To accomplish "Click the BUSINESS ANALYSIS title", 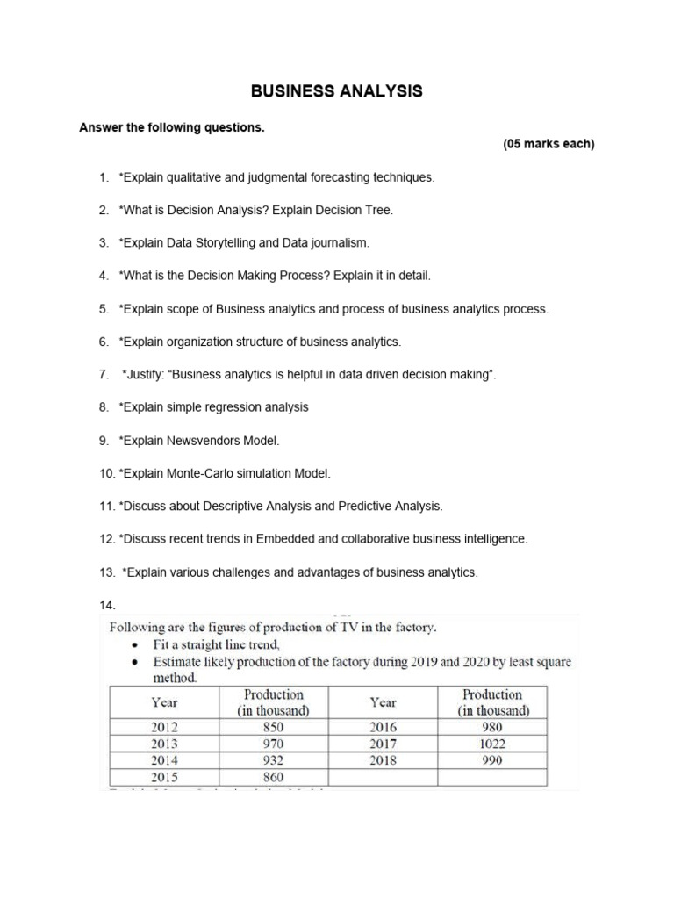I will tap(337, 91).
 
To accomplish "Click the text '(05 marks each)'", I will tap(549, 145).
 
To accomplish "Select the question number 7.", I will tap(103, 375).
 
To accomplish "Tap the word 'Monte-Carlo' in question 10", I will tap(201, 474).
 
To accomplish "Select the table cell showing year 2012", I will tap(164, 727).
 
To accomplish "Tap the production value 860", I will tap(274, 778).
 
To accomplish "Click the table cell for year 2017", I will tap(383, 744).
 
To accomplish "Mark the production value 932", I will tap(274, 761).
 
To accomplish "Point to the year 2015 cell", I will tap(164, 778).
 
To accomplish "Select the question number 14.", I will tap(108, 606).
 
